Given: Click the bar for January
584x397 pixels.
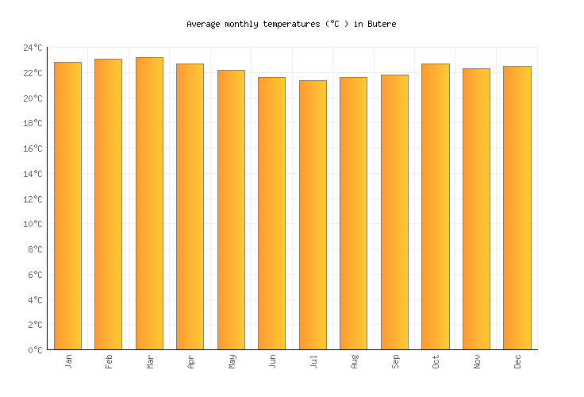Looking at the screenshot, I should (x=67, y=206).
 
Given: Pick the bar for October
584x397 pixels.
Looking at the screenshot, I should (x=435, y=206).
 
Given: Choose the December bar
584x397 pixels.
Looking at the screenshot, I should (x=517, y=207).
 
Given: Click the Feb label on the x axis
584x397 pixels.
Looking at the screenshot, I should (x=109, y=361).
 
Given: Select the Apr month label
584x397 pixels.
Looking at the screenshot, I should (x=191, y=361).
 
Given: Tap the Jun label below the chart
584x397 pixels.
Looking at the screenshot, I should (x=272, y=361).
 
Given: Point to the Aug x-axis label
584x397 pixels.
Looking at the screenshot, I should (x=354, y=361).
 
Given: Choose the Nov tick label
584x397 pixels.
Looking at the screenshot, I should (x=476, y=361).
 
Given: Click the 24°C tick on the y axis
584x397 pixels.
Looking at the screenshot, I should (x=33, y=48).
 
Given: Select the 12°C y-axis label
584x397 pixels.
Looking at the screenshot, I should (x=33, y=199).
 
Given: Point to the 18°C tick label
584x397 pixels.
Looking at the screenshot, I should (x=33, y=124).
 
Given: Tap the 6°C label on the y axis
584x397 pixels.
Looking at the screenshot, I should (x=35, y=275).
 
